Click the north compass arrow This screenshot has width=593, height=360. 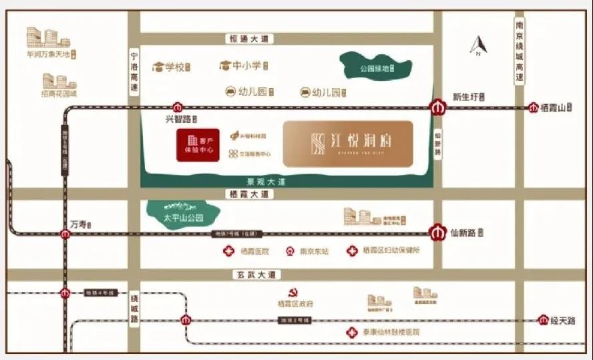coord(478,46)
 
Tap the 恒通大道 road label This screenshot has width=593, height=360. coord(248,39)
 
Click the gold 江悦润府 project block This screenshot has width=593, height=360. coord(348,144)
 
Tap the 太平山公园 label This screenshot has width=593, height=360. coord(183,218)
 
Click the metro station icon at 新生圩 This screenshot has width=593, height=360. coord(437,107)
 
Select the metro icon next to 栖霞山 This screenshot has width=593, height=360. coord(534,108)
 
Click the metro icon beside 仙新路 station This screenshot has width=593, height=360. coord(437,233)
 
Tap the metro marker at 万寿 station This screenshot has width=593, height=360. coord(65,234)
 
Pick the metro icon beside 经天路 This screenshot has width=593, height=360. coord(544,321)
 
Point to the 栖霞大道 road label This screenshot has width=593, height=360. coord(248,194)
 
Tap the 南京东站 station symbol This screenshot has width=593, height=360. coord(290,252)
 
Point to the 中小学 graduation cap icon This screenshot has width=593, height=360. coord(225,65)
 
